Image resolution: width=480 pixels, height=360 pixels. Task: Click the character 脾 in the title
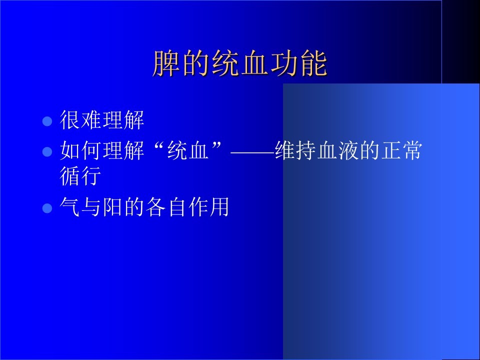point(166,63)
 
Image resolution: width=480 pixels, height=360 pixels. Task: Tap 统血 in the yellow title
point(240,63)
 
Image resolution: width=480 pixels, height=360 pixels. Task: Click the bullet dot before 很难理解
point(47,121)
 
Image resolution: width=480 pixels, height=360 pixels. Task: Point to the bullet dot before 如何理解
point(47,151)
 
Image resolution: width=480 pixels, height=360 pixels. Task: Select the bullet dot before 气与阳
point(47,208)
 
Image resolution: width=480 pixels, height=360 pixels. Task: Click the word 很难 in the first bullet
point(80,120)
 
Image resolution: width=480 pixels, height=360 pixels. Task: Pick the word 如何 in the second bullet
point(80,150)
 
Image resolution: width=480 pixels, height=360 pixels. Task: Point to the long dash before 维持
point(252,151)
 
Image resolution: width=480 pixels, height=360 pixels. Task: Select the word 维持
point(295,150)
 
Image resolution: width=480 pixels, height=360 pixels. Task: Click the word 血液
point(338,150)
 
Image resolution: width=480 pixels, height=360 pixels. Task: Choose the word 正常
point(402,150)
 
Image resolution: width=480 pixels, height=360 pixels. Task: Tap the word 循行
point(80,176)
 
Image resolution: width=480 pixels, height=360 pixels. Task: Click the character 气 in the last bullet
point(70,207)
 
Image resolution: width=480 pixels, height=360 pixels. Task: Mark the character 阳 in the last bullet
point(113,207)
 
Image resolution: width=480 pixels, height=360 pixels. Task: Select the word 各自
point(166,207)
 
